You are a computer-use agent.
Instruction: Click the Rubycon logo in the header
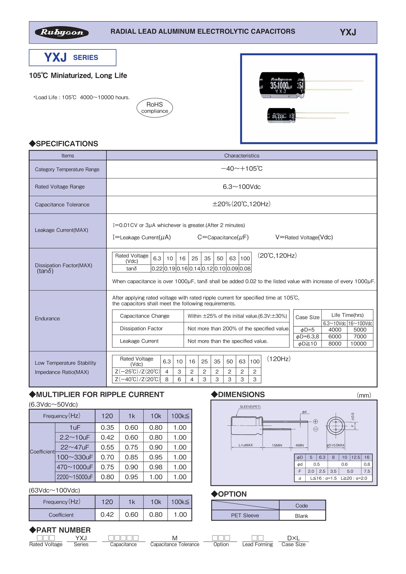pyautogui.click(x=62, y=32)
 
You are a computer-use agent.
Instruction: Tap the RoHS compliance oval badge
pyautogui.click(x=155, y=108)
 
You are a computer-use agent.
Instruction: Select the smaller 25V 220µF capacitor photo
pyautogui.click(x=281, y=116)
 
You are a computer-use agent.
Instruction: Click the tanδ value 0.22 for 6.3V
pyautogui.click(x=157, y=268)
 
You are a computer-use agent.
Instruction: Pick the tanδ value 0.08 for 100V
pyautogui.click(x=245, y=268)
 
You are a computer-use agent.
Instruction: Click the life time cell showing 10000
pyautogui.click(x=358, y=343)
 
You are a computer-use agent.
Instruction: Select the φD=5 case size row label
pyautogui.click(x=307, y=330)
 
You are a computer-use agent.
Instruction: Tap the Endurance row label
pyautogui.click(x=48, y=318)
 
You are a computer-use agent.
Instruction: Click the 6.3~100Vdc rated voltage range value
pyautogui.click(x=242, y=187)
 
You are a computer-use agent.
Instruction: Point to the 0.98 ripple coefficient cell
pyautogui.click(x=156, y=467)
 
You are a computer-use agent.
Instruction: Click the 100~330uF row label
pyautogui.click(x=75, y=457)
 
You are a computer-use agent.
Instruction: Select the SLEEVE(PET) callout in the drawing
pyautogui.click(x=250, y=407)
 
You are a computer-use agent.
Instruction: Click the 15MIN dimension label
pyautogui.click(x=277, y=445)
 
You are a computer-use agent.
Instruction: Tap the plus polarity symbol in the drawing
pyautogui.click(x=315, y=421)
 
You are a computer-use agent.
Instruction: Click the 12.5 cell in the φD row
pyautogui.click(x=356, y=457)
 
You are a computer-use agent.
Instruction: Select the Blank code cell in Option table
pyautogui.click(x=301, y=516)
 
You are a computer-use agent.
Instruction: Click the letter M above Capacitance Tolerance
pyautogui.click(x=175, y=538)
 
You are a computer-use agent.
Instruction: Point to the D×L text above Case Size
pyautogui.click(x=294, y=538)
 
